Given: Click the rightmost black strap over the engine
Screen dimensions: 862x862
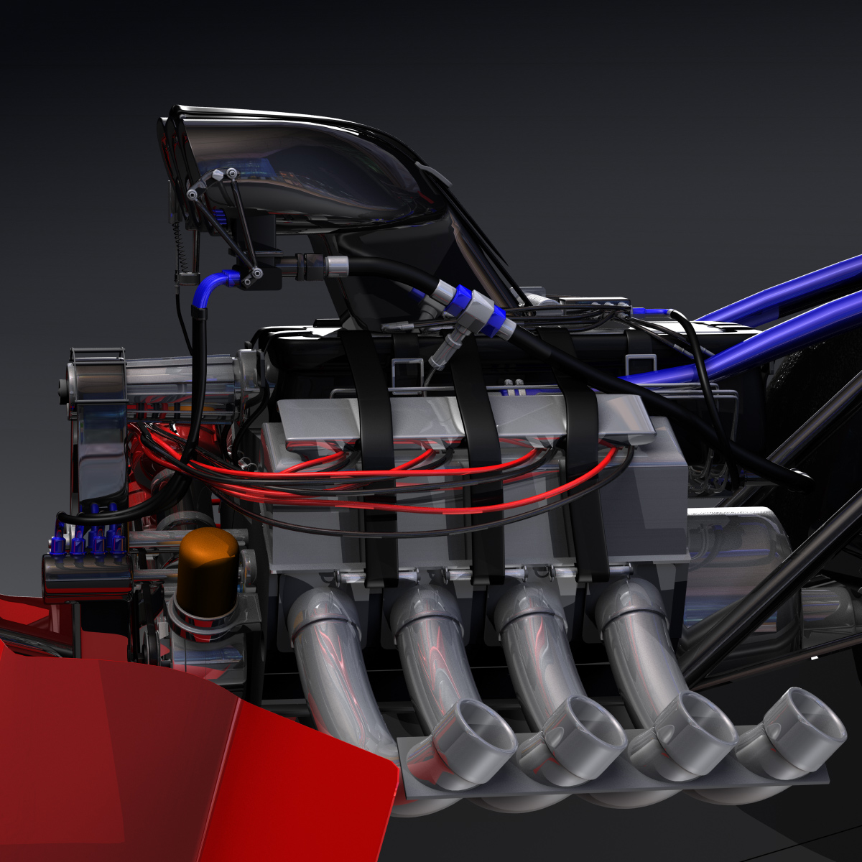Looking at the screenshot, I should (x=582, y=445).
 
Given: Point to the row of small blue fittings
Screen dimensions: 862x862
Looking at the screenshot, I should (x=86, y=539).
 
